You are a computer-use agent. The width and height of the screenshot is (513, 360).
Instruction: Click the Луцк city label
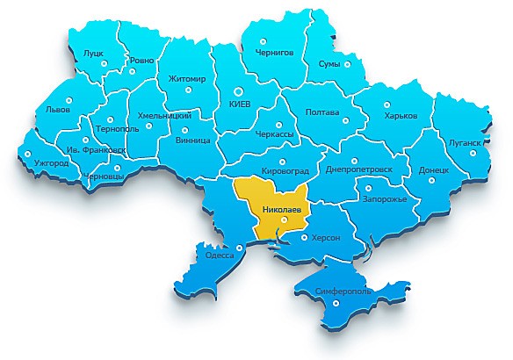point(92,54)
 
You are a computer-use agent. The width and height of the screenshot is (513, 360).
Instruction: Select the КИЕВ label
point(240,104)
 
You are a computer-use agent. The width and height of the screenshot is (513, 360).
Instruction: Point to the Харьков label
point(401,116)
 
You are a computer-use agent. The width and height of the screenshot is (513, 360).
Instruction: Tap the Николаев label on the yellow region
point(283,210)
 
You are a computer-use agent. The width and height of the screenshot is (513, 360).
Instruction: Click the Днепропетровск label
point(365,169)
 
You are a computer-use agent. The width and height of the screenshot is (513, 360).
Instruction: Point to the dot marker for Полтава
point(346,123)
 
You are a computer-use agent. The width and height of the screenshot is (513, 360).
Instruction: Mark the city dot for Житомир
point(186,92)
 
